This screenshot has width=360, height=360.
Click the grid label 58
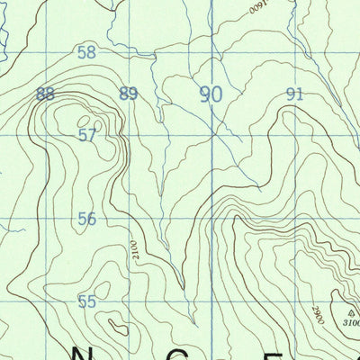click(x=86, y=52)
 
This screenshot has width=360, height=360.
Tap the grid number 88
click(x=46, y=94)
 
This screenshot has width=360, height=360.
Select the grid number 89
click(x=129, y=94)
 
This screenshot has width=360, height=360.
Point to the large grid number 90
click(x=211, y=94)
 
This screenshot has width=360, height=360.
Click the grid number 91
click(x=294, y=94)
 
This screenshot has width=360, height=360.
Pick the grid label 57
click(x=86, y=136)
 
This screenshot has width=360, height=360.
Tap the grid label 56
click(x=86, y=219)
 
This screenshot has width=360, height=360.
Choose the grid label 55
click(x=86, y=301)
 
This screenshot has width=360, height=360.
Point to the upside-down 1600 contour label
click(x=258, y=5)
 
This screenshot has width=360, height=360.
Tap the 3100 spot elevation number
click(x=350, y=321)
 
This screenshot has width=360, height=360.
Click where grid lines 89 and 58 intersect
click(x=129, y=51)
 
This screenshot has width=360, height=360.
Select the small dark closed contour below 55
click(x=116, y=328)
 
